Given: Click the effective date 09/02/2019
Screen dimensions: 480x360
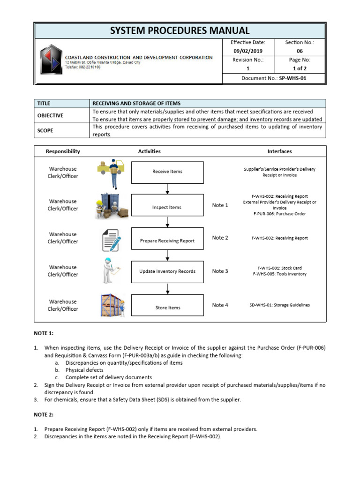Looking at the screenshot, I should [249, 51].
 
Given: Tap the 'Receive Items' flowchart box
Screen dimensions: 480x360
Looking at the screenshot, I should [167, 172].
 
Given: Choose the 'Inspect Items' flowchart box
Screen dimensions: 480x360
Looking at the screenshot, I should [167, 207].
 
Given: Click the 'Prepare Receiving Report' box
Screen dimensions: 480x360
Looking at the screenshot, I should [167, 241].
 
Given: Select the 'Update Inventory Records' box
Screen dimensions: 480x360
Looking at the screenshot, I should [167, 271].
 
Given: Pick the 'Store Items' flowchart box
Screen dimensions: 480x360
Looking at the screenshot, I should [167, 307].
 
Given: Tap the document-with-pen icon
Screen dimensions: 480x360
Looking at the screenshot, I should [111, 240].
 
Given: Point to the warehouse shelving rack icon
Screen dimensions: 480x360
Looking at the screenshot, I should [111, 305].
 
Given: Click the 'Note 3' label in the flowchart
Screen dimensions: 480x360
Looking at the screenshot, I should [220, 271].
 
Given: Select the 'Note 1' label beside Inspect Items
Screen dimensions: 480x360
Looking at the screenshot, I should [220, 205].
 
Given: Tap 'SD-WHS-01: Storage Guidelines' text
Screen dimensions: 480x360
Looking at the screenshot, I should [279, 305].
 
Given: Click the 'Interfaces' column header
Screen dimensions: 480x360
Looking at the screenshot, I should [279, 151].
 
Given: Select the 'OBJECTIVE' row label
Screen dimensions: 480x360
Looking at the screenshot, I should [50, 115].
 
